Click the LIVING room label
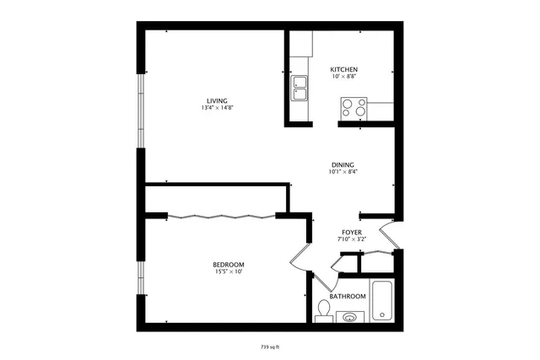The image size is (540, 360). point(216,101)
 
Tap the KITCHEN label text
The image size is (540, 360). point(343,69)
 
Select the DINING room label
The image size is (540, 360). point(342,164)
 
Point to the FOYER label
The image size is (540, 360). point(352,232)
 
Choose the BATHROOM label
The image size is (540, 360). point(347,296)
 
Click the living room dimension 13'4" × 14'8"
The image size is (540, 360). point(216,109)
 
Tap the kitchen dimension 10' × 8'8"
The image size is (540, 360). point(343,77)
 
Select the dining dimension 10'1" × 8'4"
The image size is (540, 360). point(342,172)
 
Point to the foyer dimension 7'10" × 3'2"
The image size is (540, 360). point(352,239)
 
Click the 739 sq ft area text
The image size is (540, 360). point(270,346)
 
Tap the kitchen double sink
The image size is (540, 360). point(300,86)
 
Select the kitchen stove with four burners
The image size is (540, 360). point(354,107)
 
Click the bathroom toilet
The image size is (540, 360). point(322,312)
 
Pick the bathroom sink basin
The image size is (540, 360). point(349,318)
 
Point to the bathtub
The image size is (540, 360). point(382,300)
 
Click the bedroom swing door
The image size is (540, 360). point(300,257)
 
